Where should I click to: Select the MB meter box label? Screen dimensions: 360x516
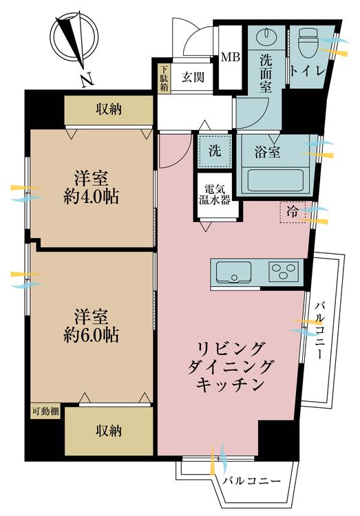click(231, 57)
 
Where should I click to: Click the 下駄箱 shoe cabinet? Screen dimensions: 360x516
click(164, 79)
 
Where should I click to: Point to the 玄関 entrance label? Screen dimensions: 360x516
click(193, 77)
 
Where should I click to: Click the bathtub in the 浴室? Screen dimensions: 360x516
click(275, 180)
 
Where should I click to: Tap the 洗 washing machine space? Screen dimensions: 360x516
click(215, 151)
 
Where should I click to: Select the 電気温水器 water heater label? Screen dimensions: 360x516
click(215, 195)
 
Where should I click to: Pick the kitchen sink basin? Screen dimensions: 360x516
click(233, 272)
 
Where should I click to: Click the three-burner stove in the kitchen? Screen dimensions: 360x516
click(284, 272)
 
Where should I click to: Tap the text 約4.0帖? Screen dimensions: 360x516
click(91, 197)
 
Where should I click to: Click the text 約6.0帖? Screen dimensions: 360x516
click(91, 335)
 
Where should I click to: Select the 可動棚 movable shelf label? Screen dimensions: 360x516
click(45, 411)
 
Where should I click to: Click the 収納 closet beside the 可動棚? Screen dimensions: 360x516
click(109, 431)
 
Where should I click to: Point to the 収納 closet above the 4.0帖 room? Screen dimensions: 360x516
click(109, 109)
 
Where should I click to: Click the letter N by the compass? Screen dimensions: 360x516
click(87, 80)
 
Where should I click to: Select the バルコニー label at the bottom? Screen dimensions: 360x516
click(252, 481)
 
